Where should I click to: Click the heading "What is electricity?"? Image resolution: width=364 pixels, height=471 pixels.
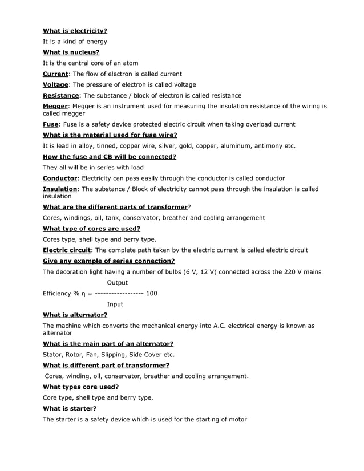tap(75, 31)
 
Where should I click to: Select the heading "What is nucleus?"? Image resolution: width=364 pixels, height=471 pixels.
tap(71, 52)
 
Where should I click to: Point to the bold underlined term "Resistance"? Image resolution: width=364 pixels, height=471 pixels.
tap(61, 95)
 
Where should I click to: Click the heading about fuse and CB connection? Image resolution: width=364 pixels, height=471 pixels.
tap(110, 157)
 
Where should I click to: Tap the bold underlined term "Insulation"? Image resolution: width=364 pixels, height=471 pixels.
tap(60, 189)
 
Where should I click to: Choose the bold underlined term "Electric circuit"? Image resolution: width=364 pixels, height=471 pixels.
tap(67, 250)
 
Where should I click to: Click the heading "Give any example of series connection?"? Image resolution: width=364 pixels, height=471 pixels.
tap(109, 261)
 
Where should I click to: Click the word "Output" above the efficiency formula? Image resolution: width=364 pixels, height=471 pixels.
tap(118, 283)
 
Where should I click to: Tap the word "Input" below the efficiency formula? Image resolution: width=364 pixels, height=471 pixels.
tap(115, 304)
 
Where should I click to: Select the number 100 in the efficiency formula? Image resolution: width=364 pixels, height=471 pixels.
tap(152, 294)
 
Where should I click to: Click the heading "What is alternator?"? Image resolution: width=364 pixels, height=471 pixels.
tap(75, 315)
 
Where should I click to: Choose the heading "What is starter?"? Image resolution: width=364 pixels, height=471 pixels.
tap(70, 409)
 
